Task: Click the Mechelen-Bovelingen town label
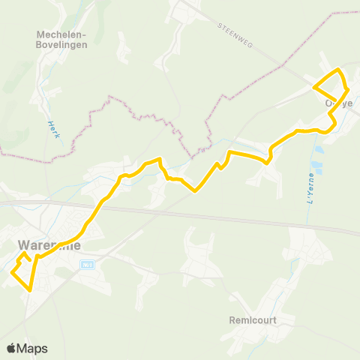(62, 39)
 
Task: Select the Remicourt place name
(255, 319)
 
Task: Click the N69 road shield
(87, 264)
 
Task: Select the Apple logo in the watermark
(11, 348)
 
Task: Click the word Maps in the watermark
(32, 348)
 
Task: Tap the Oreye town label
(338, 103)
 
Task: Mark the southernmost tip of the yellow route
(31, 289)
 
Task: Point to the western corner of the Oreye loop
(313, 87)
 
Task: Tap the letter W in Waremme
(22, 244)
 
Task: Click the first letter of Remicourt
(232, 319)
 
